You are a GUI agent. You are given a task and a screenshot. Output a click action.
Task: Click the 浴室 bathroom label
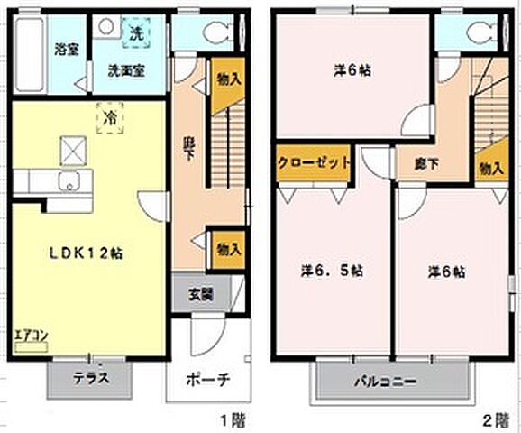click(66, 49)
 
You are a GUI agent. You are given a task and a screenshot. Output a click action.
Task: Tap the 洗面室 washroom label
click(123, 69)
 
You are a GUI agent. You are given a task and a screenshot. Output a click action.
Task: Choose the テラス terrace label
click(92, 378)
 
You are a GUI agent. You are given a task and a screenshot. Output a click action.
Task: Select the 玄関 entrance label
click(201, 293)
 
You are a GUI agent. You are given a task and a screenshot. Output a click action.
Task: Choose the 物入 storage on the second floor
click(491, 168)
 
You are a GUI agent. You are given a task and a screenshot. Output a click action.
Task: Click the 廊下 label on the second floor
click(427, 164)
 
